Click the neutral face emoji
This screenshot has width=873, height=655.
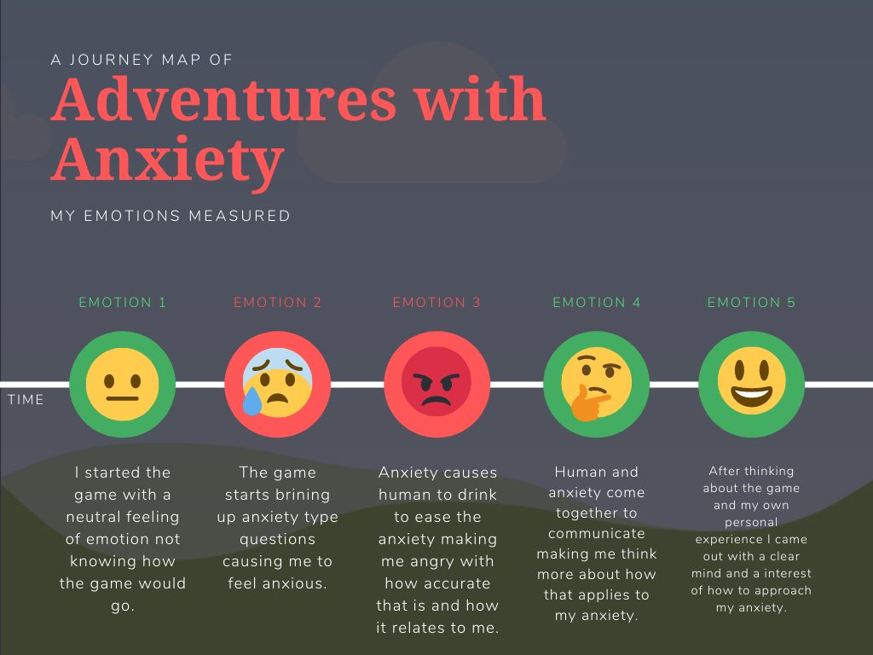[122, 385]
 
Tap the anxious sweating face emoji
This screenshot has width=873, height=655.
[277, 385]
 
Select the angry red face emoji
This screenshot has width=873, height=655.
[436, 385]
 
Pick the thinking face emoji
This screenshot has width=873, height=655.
[597, 385]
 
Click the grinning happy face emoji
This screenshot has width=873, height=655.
[751, 385]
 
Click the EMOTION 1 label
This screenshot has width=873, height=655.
[123, 303]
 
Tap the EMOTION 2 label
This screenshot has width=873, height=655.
[278, 303]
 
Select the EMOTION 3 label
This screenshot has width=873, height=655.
[436, 303]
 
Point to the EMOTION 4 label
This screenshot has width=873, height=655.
[597, 303]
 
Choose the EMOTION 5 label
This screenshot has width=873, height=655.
[751, 303]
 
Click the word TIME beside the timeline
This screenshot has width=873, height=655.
[26, 400]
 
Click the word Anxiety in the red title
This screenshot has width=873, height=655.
[167, 159]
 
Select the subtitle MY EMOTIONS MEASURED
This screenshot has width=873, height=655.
[171, 216]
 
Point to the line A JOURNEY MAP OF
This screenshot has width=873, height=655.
[142, 60]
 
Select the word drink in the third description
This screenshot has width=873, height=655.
[475, 495]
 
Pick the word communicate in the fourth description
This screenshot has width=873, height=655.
[597, 534]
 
